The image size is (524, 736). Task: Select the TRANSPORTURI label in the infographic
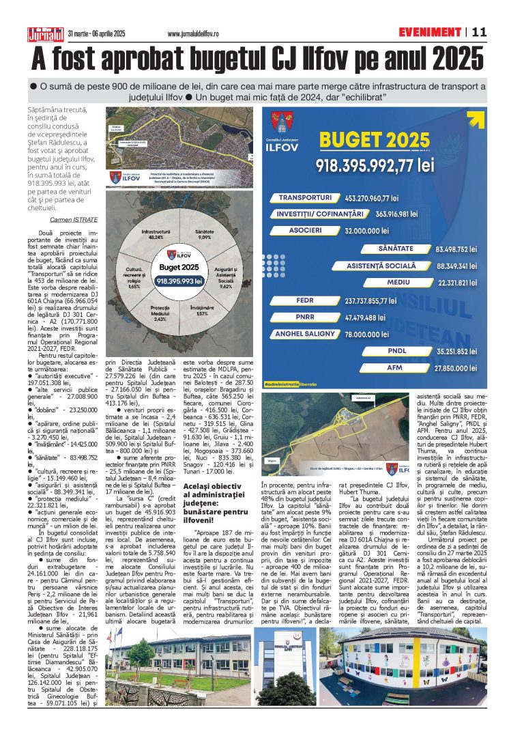click(305, 197)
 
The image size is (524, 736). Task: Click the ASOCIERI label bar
click(305, 230)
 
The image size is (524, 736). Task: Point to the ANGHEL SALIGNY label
click(305, 334)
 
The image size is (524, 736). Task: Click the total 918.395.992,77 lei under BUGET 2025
click(375, 165)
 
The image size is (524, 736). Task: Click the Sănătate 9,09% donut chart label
click(204, 235)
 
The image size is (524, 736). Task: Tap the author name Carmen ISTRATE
click(75, 220)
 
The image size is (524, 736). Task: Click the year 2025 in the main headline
click(447, 57)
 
